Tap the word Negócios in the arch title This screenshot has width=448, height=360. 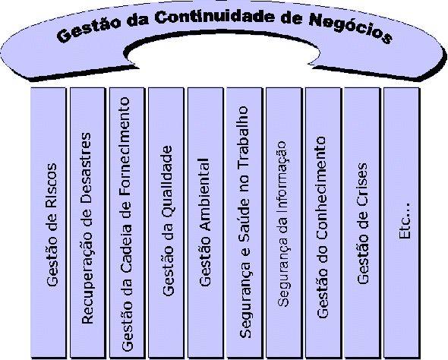pyautogui.click(x=351, y=29)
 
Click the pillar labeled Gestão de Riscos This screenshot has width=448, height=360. pyautogui.click(x=49, y=223)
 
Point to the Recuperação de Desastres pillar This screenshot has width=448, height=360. pyautogui.click(x=88, y=223)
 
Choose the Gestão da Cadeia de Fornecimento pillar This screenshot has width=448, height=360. pyautogui.click(x=127, y=223)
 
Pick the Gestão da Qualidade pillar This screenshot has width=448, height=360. pyautogui.click(x=166, y=223)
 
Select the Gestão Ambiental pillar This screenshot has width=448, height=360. pyautogui.click(x=206, y=223)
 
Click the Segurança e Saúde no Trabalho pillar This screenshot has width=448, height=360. pyautogui.click(x=245, y=223)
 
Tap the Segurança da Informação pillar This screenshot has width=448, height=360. pyautogui.click(x=284, y=223)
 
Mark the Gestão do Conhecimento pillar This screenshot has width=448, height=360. pyautogui.click(x=323, y=223)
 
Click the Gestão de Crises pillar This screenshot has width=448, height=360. pyautogui.click(x=362, y=223)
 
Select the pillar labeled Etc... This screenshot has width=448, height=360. pyautogui.click(x=402, y=223)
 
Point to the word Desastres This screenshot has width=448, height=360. pyautogui.click(x=86, y=168)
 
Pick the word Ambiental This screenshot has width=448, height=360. pyautogui.click(x=204, y=194)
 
